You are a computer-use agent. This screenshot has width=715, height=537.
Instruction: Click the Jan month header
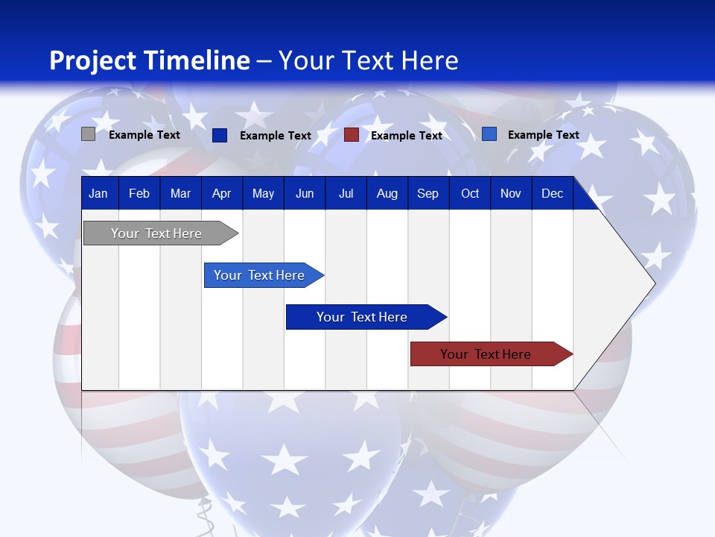click(98, 193)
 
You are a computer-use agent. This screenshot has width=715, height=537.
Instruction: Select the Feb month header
click(139, 193)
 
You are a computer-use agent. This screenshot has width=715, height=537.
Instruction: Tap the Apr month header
click(221, 193)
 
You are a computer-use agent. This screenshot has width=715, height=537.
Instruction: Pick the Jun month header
click(305, 193)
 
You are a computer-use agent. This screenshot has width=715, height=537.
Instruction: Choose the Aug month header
click(387, 193)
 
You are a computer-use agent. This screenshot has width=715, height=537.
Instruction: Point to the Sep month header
click(428, 193)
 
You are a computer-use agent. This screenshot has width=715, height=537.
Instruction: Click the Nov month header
click(510, 193)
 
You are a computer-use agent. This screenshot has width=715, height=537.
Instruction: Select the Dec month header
click(552, 193)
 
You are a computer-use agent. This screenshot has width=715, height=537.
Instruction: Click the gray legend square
click(88, 134)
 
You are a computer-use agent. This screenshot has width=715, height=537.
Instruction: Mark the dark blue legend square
click(220, 135)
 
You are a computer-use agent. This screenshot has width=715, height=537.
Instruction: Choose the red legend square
click(352, 135)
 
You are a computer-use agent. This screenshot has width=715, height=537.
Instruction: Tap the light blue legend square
click(489, 134)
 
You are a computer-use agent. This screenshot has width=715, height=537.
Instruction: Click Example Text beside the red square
click(407, 136)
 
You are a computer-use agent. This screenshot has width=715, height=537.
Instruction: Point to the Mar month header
click(180, 193)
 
